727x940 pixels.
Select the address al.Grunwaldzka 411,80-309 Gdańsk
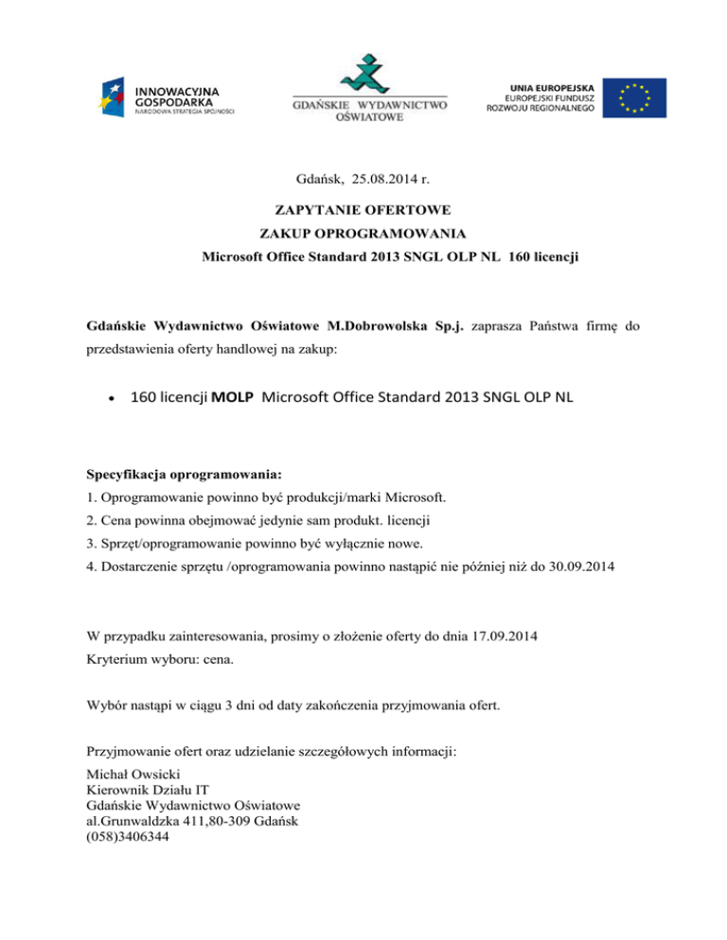[x=193, y=823]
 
